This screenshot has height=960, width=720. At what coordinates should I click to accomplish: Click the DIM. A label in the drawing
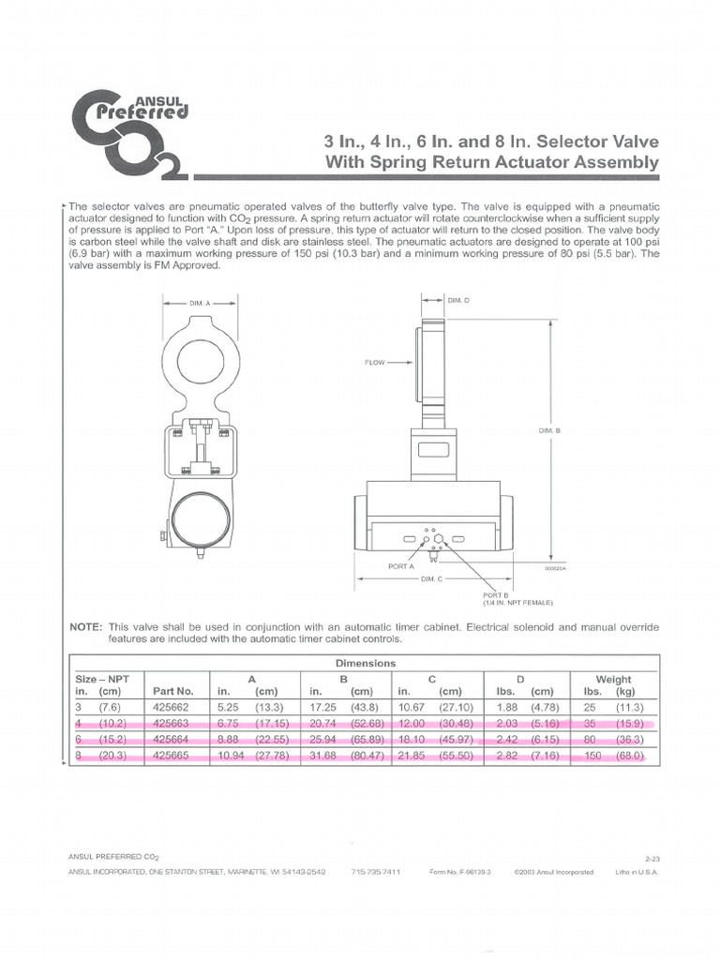[x=198, y=304]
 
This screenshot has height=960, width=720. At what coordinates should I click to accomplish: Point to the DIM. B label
[x=548, y=430]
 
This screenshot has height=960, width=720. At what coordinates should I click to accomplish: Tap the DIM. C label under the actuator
[x=432, y=579]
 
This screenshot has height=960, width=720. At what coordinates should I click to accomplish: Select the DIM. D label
[x=458, y=300]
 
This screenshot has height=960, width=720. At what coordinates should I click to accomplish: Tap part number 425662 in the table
[x=172, y=708]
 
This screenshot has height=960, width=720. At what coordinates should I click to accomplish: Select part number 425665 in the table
[x=172, y=756]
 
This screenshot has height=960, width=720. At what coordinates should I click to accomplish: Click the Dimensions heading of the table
[x=366, y=663]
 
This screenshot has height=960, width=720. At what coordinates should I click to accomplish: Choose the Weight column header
[x=614, y=679]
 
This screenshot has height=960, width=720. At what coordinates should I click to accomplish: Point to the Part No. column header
[x=172, y=692]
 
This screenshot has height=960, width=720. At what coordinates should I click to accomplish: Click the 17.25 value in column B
[x=324, y=708]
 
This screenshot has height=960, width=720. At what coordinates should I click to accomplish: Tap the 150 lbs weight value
[x=592, y=756]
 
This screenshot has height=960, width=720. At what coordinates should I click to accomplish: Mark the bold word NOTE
[x=88, y=626]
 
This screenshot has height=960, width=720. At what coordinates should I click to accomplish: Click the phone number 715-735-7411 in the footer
[x=376, y=872]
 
